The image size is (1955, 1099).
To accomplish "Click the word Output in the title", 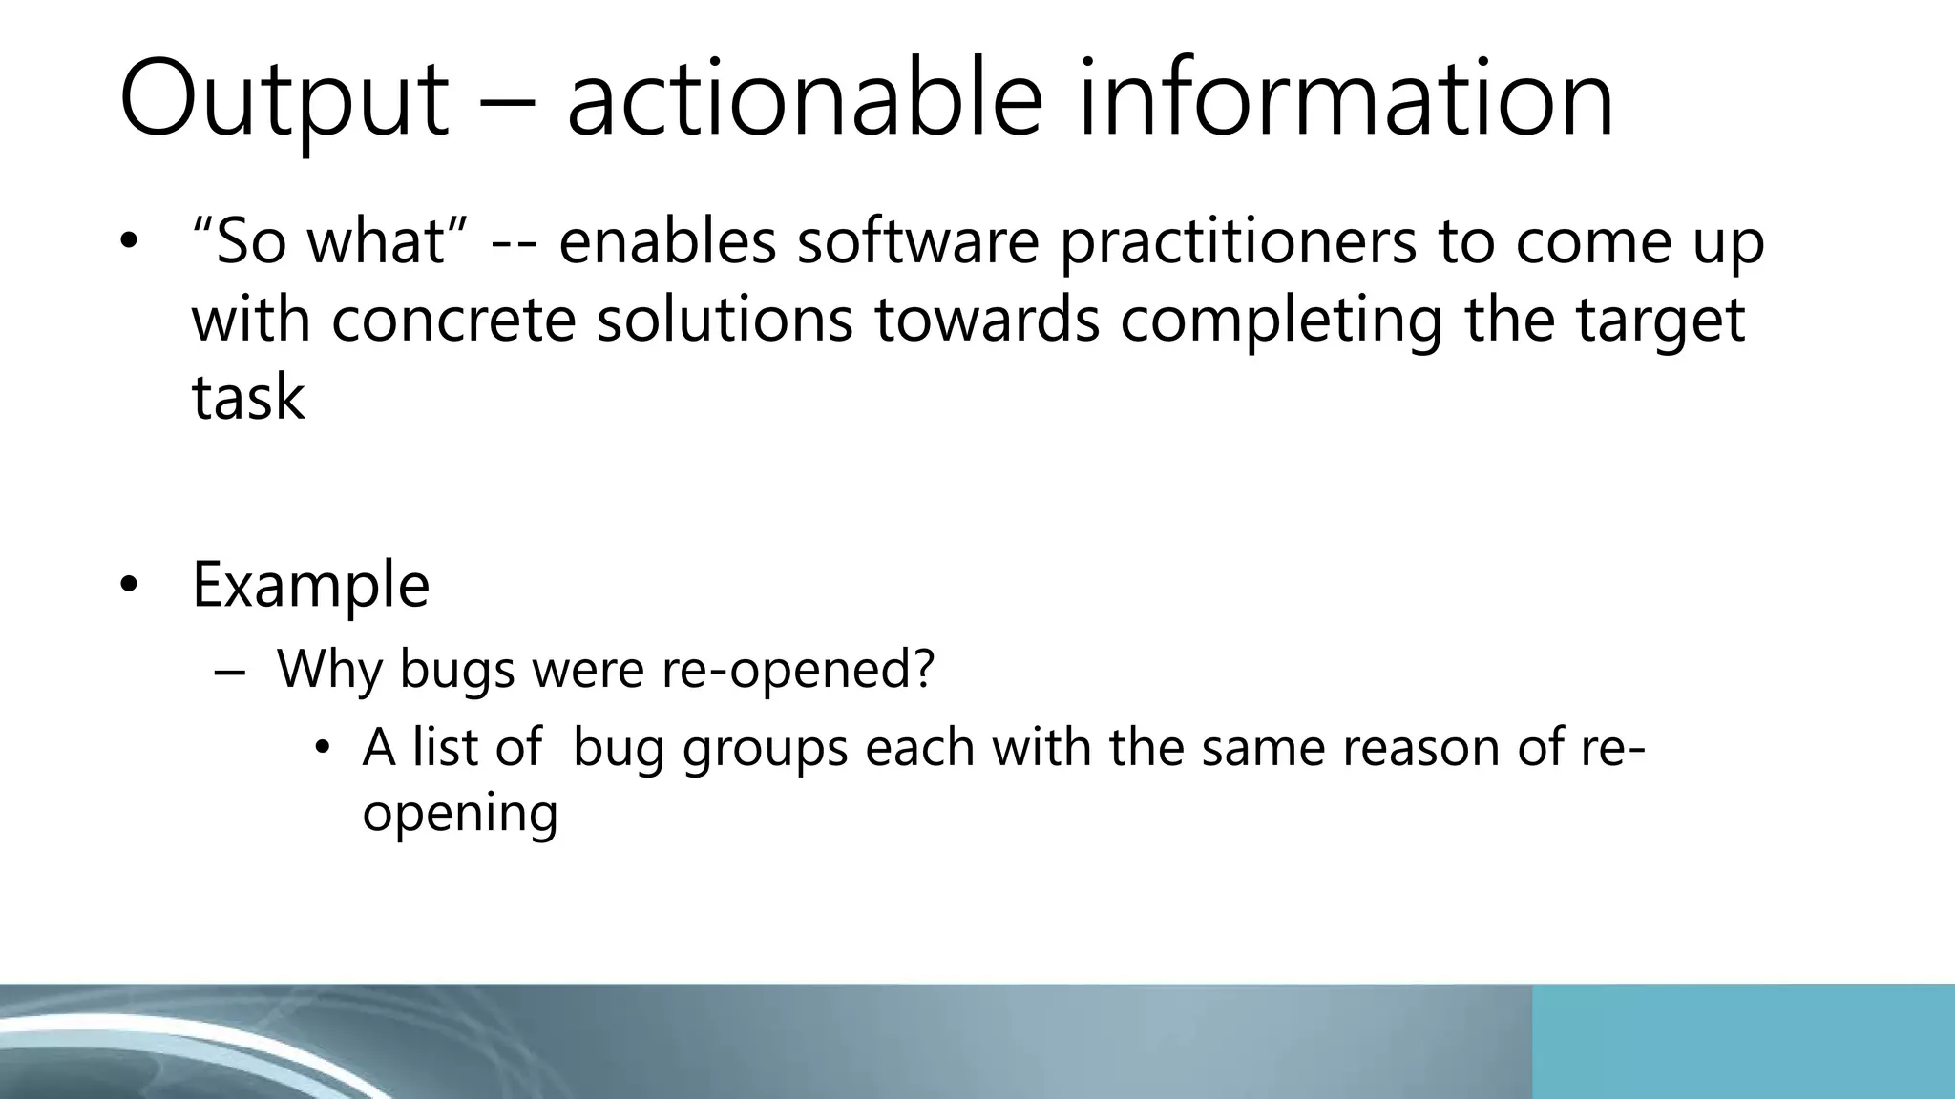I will (284, 100).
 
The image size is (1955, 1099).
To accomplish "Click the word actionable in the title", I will (804, 100).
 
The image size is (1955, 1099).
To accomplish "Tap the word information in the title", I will (1346, 100).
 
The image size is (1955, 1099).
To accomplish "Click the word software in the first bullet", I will (917, 241).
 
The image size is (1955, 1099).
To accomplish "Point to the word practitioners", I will (1238, 243).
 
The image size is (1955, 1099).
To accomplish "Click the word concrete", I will (453, 320).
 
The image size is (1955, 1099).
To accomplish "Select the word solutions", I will (725, 320).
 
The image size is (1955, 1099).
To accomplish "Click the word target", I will (1660, 321).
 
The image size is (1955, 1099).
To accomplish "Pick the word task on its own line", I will (248, 398).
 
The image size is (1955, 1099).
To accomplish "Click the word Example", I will (310, 585).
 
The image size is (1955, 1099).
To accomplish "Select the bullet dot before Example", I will (129, 585).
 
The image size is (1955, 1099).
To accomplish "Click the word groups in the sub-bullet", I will (765, 749).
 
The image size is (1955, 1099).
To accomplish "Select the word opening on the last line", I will (460, 814).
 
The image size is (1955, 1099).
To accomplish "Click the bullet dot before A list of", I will (323, 749).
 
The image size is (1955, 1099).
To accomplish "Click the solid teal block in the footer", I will (1742, 1042).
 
